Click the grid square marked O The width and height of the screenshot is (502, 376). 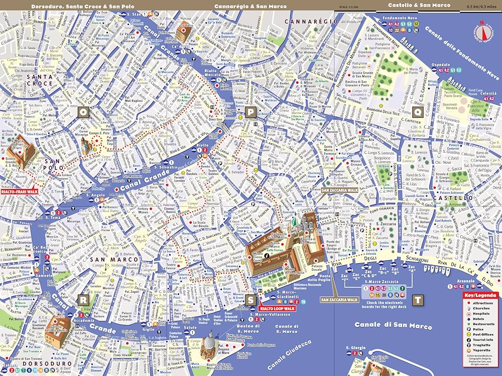click(x=83, y=113)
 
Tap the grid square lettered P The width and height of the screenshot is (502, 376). click(x=250, y=113)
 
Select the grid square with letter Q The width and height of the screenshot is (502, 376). click(x=417, y=112)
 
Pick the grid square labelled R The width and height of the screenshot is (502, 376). click(x=83, y=299)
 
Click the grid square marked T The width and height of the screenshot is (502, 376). click(x=417, y=300)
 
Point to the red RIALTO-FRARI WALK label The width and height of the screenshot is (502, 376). click(x=20, y=191)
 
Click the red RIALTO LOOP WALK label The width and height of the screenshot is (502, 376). click(x=277, y=308)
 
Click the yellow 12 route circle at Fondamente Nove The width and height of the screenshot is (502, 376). click(x=416, y=24)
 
